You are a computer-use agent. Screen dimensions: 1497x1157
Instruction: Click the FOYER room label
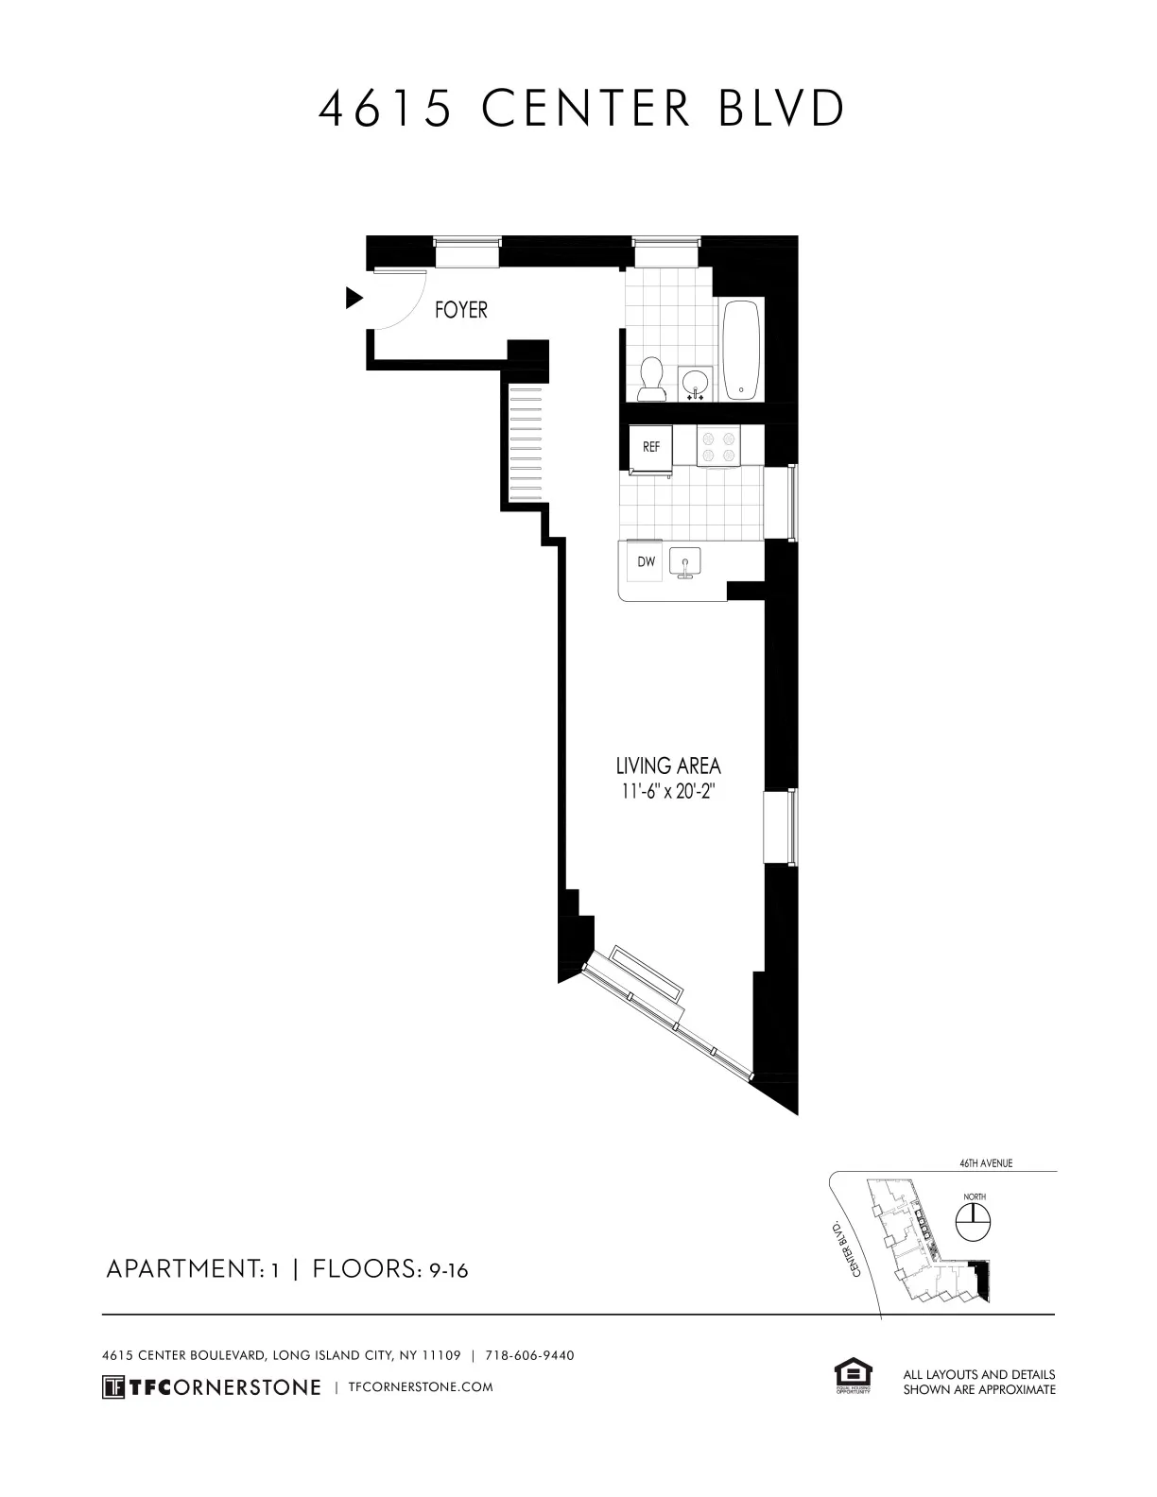tap(460, 310)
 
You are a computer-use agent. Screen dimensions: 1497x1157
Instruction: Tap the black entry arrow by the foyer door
tap(354, 299)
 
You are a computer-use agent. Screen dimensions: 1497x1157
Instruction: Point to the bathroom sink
tap(696, 383)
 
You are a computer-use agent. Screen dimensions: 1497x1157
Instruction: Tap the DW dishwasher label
tap(646, 561)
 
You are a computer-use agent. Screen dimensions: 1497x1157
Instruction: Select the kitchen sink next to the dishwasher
tap(684, 561)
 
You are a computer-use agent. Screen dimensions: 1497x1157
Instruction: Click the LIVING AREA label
tap(668, 766)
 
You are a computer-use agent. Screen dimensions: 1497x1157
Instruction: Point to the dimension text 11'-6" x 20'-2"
tap(667, 792)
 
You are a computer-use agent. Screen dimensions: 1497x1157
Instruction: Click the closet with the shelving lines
tap(527, 443)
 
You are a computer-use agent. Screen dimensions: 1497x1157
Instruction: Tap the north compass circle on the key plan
tap(974, 1225)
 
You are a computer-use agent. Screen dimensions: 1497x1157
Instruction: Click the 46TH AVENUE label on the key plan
tap(986, 1163)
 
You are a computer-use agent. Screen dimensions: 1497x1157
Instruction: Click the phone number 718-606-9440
tap(529, 1355)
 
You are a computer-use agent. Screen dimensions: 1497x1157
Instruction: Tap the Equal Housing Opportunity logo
tap(853, 1376)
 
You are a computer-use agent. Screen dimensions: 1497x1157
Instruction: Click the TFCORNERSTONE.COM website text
tap(421, 1387)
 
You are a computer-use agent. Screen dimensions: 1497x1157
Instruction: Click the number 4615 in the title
tap(385, 110)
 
